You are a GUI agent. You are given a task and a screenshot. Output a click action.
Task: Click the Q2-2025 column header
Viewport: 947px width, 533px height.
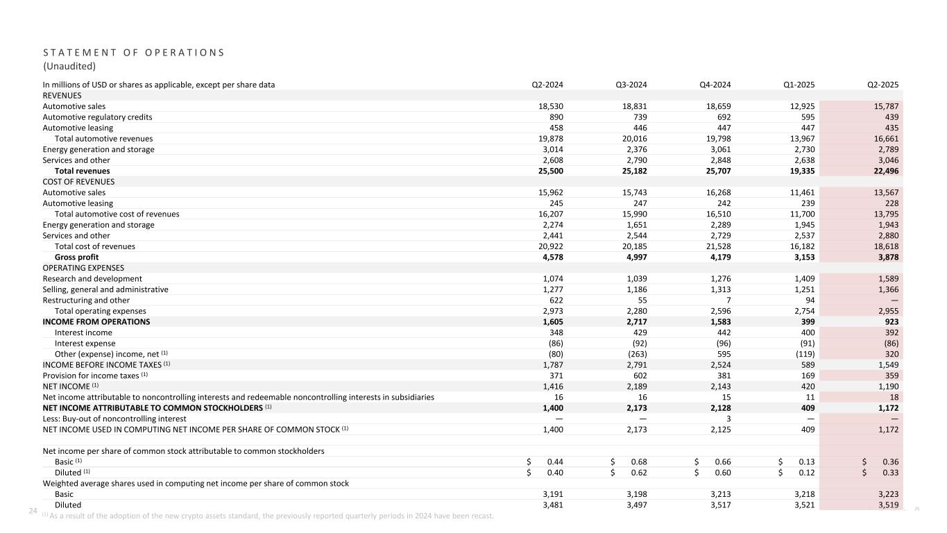(884, 85)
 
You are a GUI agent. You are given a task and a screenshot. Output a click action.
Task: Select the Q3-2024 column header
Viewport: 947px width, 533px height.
(632, 85)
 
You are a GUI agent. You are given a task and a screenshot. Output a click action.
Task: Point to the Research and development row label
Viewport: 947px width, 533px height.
(92, 278)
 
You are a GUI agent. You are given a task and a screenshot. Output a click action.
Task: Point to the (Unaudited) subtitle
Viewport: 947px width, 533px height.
(69, 67)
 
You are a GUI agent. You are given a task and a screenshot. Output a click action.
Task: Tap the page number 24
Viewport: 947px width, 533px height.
(32, 511)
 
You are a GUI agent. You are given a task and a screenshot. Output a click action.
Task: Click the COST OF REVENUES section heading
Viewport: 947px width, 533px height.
(78, 182)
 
